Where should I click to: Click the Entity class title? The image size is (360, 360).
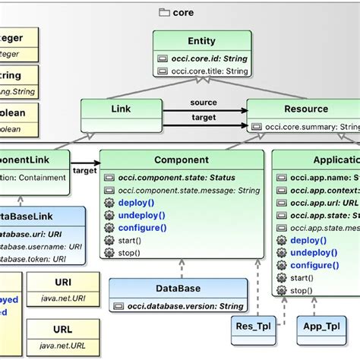(x=201, y=41)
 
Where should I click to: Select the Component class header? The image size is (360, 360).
(x=181, y=160)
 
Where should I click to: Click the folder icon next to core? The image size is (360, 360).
(x=164, y=12)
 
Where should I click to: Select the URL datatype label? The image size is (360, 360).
(x=62, y=331)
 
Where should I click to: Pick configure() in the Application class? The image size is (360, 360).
(x=314, y=265)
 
